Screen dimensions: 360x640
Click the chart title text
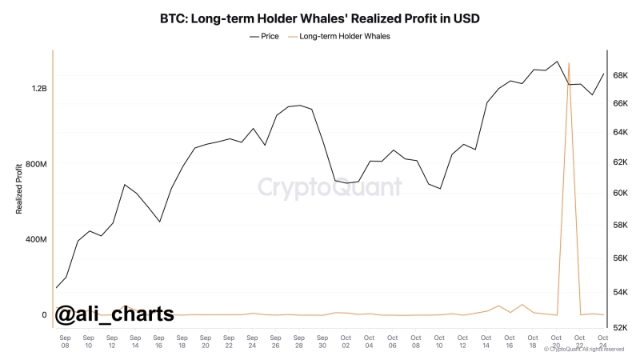319,17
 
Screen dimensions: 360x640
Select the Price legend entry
264,37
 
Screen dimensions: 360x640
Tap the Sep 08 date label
65,342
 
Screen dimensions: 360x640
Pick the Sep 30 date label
322,342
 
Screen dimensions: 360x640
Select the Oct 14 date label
486,342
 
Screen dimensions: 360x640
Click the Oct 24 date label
602,342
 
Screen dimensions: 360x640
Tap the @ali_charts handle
114,314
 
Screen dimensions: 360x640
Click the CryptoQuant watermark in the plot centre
330,187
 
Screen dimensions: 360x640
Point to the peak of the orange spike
568,63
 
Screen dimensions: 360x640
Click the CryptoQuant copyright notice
583,350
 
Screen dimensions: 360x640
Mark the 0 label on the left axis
44,314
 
